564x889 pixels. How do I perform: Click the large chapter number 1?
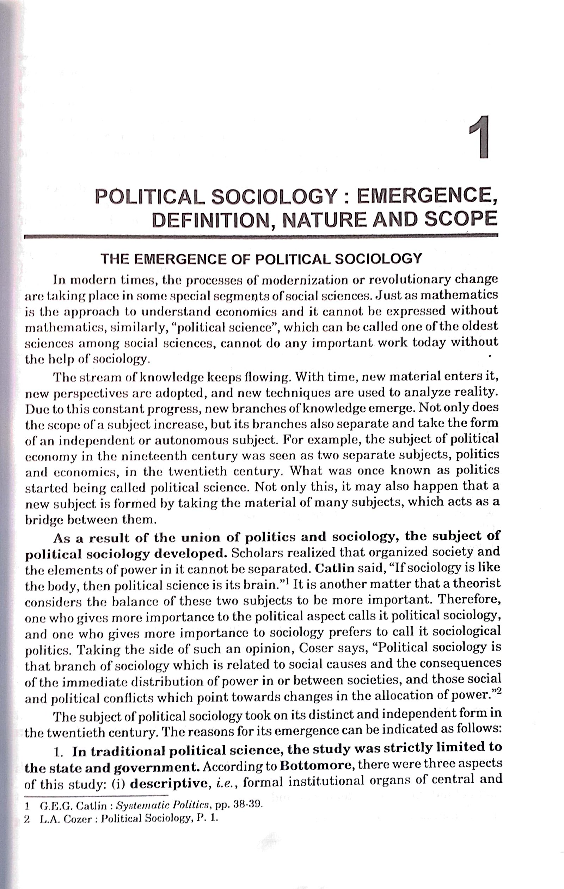[479, 137]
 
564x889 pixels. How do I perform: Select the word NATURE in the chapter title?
[325, 220]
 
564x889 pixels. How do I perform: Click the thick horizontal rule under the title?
[260, 236]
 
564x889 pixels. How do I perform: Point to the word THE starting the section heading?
[115, 259]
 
